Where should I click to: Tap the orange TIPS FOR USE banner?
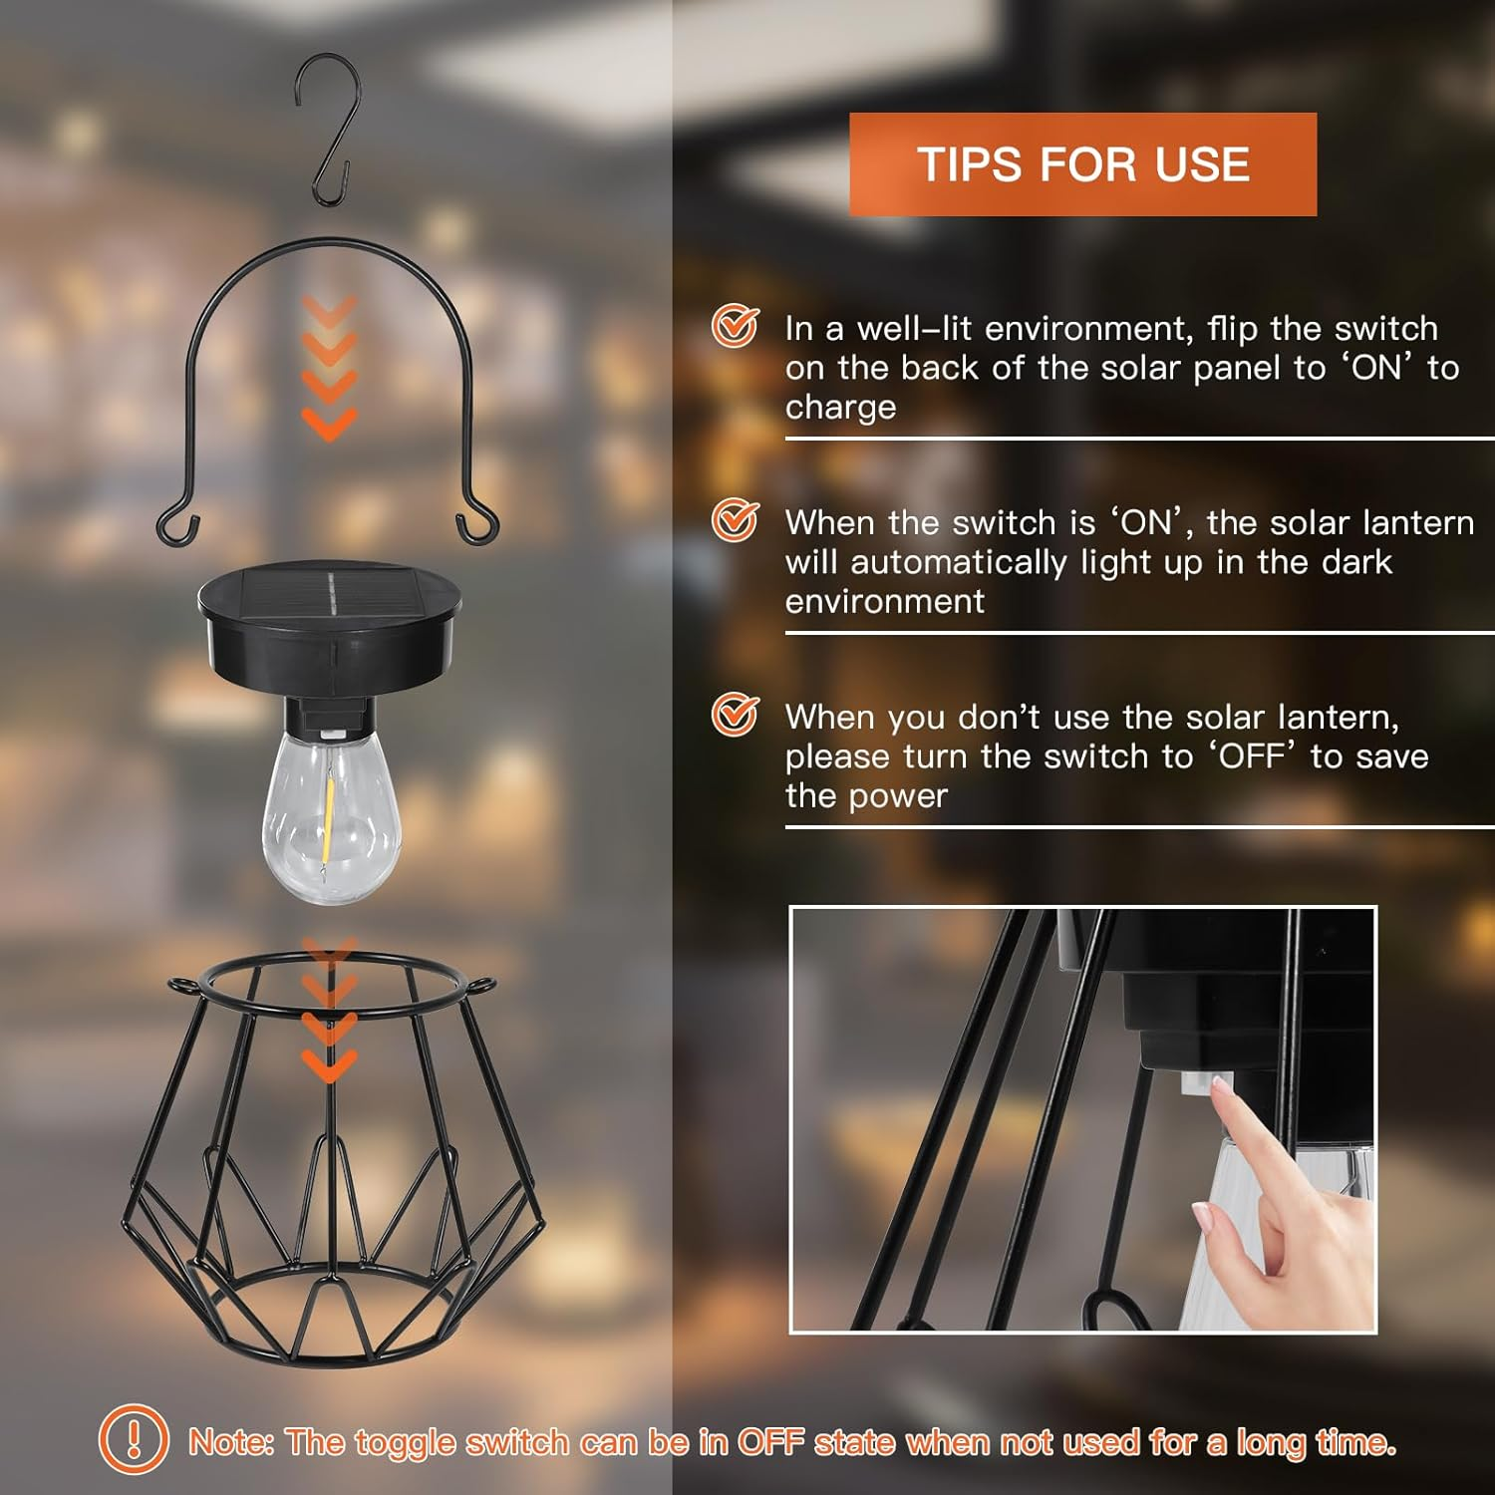click(1082, 164)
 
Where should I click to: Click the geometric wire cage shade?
click(332, 1156)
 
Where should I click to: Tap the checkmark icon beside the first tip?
click(735, 326)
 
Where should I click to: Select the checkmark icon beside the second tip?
click(735, 520)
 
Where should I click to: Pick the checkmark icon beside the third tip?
click(735, 715)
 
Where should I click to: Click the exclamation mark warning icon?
click(134, 1439)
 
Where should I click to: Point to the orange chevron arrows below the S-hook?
click(329, 369)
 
